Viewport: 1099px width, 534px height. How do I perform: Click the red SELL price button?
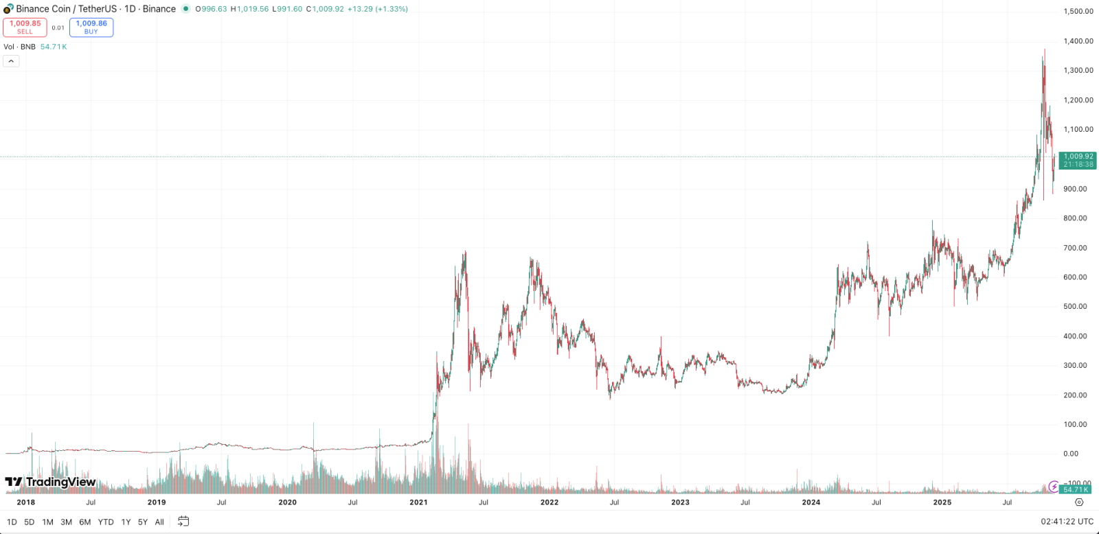pyautogui.click(x=25, y=27)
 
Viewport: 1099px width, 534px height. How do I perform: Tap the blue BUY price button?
pyautogui.click(x=91, y=27)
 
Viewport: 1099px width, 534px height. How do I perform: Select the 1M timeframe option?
pyautogui.click(x=47, y=522)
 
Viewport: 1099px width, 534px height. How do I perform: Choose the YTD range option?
pyautogui.click(x=106, y=522)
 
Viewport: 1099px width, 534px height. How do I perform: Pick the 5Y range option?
pyautogui.click(x=142, y=522)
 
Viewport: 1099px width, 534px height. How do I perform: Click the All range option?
pyautogui.click(x=159, y=522)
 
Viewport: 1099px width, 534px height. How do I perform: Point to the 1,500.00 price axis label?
pyautogui.click(x=1078, y=11)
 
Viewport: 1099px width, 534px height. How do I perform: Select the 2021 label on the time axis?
pyautogui.click(x=418, y=502)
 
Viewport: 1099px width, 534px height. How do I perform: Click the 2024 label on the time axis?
pyautogui.click(x=811, y=502)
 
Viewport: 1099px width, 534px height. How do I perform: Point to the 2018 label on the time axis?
pyautogui.click(x=26, y=502)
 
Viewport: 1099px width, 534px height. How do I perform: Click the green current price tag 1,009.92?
pyautogui.click(x=1078, y=161)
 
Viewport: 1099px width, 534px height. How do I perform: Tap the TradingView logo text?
pyautogui.click(x=51, y=482)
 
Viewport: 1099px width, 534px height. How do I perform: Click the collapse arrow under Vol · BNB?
pyautogui.click(x=11, y=61)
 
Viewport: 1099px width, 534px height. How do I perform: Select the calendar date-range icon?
pyautogui.click(x=183, y=521)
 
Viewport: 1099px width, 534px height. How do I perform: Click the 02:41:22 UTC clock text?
pyautogui.click(x=1067, y=522)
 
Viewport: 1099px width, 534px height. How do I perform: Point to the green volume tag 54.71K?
pyautogui.click(x=1076, y=489)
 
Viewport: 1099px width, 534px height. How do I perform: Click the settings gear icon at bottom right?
pyautogui.click(x=1079, y=502)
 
